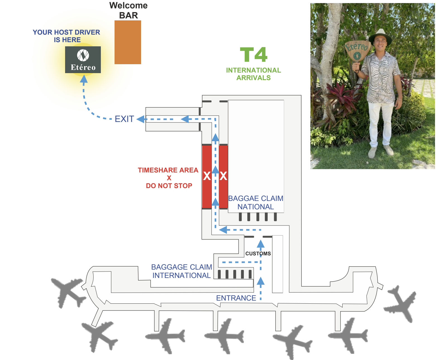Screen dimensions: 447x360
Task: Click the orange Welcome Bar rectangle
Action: coord(128,42)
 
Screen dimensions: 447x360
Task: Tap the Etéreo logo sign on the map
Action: coord(83,60)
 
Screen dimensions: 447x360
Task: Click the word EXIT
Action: coord(124,119)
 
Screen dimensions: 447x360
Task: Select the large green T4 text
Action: coord(253,55)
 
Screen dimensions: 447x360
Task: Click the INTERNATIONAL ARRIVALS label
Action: coord(253,74)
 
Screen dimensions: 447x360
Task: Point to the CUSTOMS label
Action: coord(258,254)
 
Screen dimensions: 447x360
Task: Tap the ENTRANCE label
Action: coord(236,298)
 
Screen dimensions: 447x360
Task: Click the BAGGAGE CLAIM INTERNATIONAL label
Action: coord(181,271)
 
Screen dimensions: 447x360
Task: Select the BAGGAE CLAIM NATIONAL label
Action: coord(256,203)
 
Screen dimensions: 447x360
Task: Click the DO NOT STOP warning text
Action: coord(169,186)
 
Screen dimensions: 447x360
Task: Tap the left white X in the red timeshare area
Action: coord(207,176)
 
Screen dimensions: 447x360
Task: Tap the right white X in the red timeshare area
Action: coord(223,176)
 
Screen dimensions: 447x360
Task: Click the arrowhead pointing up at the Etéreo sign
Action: coord(84,80)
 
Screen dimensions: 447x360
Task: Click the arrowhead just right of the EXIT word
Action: coord(141,119)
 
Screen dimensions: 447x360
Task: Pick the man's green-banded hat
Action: coord(380,36)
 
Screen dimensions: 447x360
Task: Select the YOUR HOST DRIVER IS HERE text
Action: coord(66,36)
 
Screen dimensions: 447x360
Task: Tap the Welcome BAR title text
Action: coord(129,10)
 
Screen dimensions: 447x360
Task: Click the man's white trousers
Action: coord(379,123)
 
